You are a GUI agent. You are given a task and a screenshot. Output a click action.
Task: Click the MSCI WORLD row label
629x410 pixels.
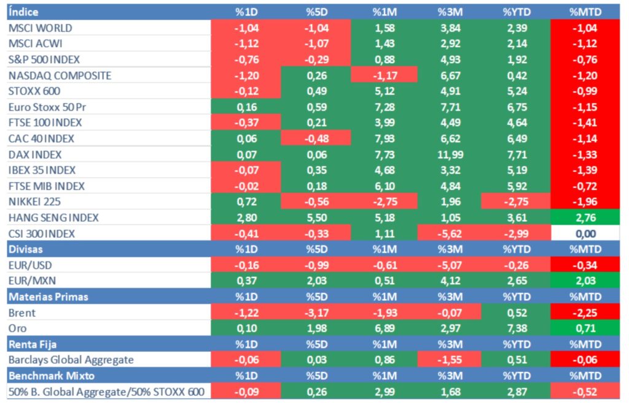(x=41, y=28)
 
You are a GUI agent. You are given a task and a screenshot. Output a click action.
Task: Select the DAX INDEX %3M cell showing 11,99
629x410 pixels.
(x=449, y=155)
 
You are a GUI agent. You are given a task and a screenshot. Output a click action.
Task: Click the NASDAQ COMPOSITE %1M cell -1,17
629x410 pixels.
(x=384, y=75)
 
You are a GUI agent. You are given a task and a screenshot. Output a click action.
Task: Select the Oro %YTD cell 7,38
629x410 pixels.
(x=515, y=328)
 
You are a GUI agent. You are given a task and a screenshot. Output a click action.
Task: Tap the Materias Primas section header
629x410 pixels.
(x=49, y=297)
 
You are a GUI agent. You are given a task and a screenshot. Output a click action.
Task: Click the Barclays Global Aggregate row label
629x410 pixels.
(x=71, y=360)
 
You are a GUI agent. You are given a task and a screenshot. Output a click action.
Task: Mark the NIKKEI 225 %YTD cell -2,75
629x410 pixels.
(x=515, y=202)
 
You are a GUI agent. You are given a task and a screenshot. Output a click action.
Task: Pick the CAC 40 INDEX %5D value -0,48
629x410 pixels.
(x=316, y=139)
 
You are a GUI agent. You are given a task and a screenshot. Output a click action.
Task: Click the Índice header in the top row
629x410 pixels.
(x=24, y=12)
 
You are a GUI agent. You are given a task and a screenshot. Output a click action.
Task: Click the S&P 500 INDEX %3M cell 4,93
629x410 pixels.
(x=449, y=60)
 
